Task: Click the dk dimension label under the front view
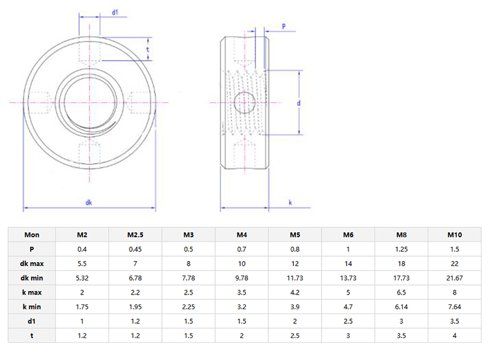pos(89,202)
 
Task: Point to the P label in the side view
pos(284,25)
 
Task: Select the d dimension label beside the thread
pos(298,103)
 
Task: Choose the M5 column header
pos(295,235)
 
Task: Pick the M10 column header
pos(454,235)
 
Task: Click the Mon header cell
pos(32,235)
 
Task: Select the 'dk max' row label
pos(32,263)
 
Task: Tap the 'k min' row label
pos(32,306)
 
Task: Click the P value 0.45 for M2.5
pos(135,249)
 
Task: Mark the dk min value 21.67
pos(454,278)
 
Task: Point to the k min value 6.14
pos(401,306)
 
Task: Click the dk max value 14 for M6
pos(348,263)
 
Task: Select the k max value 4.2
pos(295,292)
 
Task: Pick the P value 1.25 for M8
pos(401,249)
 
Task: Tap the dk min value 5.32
pos(82,278)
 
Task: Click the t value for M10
pos(454,335)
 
